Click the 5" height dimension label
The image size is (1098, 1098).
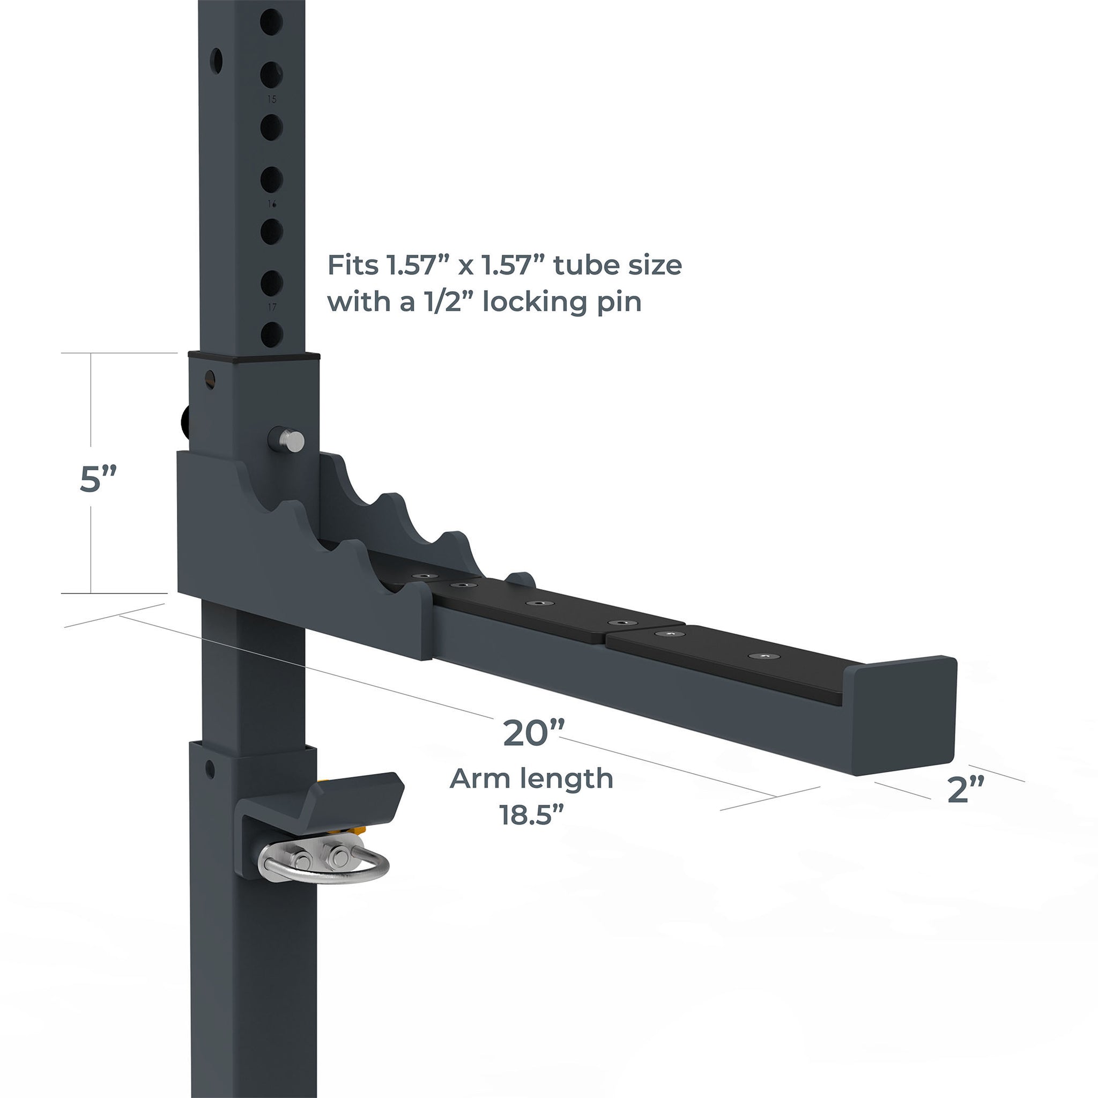[98, 479]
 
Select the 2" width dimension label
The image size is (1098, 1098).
[966, 789]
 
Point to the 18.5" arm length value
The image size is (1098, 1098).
[531, 815]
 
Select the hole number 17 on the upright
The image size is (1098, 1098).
[272, 307]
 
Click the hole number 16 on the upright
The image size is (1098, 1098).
[272, 203]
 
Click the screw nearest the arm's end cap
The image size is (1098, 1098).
[760, 656]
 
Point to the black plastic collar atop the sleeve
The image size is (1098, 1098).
[254, 357]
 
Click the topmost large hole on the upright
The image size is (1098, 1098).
[272, 21]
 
